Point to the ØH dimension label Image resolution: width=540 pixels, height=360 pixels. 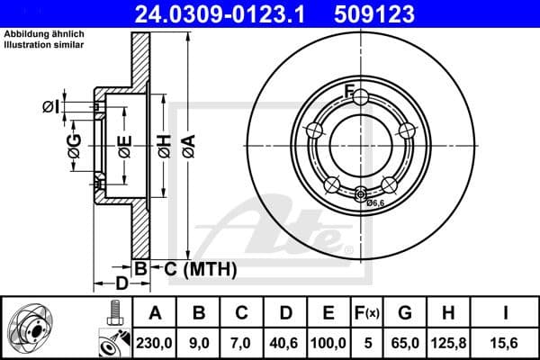164,144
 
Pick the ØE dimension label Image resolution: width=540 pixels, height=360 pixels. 124,144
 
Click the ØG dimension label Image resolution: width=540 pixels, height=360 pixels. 75,144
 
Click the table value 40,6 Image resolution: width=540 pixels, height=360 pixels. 285,341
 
